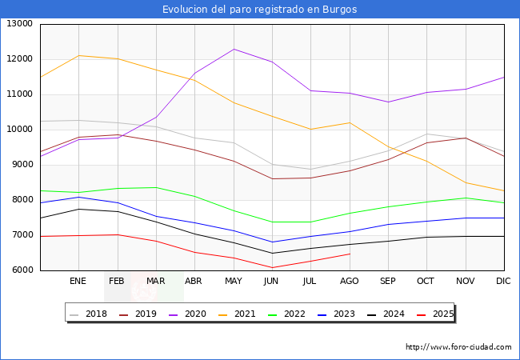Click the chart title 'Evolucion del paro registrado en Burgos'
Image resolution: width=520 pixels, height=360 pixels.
coord(259,10)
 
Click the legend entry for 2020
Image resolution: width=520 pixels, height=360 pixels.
coord(192,314)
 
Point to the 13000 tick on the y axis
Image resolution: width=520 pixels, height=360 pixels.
coord(21,24)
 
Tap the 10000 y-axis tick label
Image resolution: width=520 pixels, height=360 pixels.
coord(21,130)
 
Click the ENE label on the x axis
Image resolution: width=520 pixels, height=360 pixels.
coord(78,282)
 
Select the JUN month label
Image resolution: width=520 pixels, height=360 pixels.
coord(272,282)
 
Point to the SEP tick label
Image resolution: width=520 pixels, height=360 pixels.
coord(388,282)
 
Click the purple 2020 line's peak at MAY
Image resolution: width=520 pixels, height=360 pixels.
coord(234,49)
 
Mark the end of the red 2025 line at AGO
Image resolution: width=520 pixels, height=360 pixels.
coord(350,254)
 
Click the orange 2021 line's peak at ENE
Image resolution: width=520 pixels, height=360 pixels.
coord(78,56)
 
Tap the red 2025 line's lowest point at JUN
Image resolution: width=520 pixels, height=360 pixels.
coord(272,268)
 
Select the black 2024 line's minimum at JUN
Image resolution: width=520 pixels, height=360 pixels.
coord(272,253)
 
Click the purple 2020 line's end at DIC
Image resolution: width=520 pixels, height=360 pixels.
coord(504,77)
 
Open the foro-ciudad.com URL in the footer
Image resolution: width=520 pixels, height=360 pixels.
coord(458,347)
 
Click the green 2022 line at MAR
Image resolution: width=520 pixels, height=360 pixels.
coord(156,188)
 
